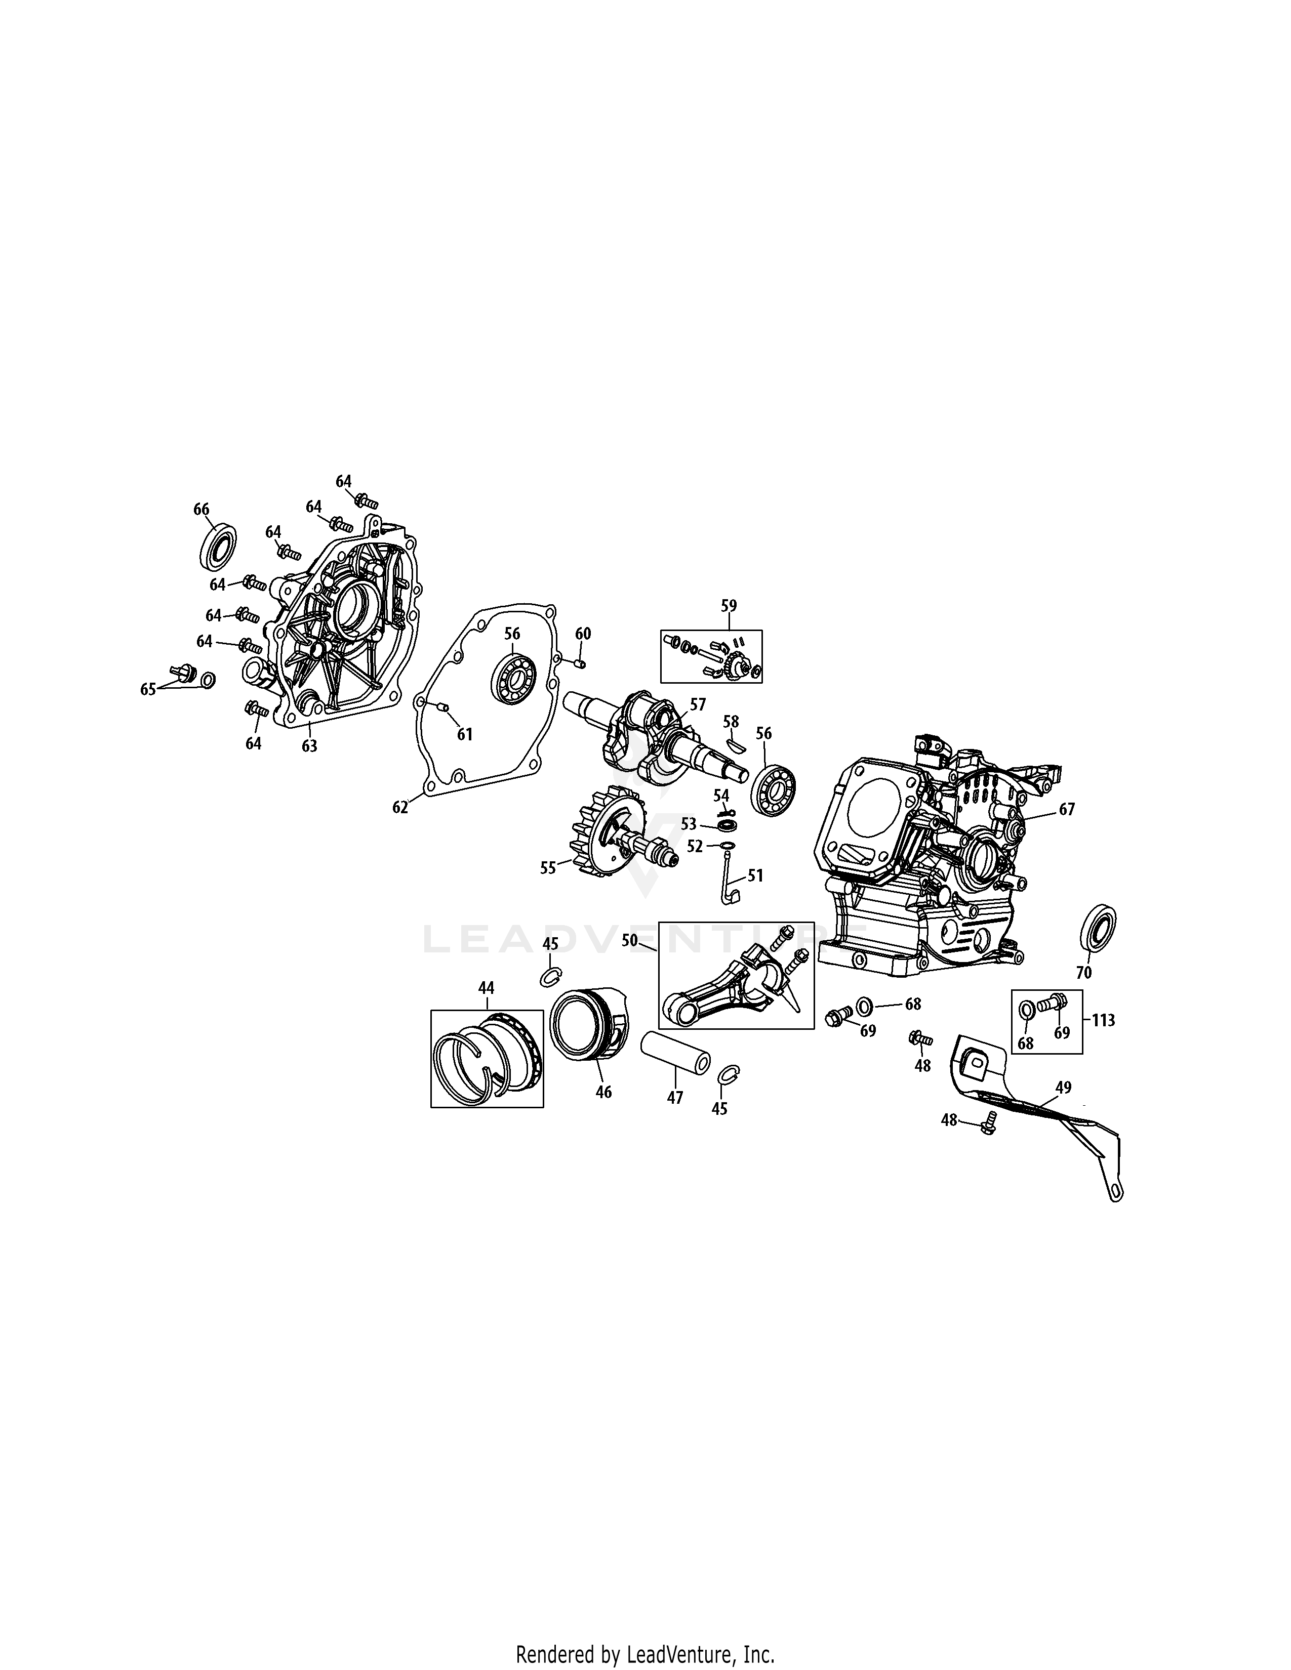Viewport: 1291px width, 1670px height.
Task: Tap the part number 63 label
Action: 309,745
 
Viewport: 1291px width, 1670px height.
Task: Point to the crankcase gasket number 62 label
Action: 400,807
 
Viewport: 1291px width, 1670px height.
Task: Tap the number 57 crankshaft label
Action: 698,704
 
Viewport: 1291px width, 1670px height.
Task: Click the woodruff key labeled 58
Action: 733,741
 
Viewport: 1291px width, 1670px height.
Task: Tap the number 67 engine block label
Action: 1067,809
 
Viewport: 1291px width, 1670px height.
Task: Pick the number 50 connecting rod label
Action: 629,941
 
